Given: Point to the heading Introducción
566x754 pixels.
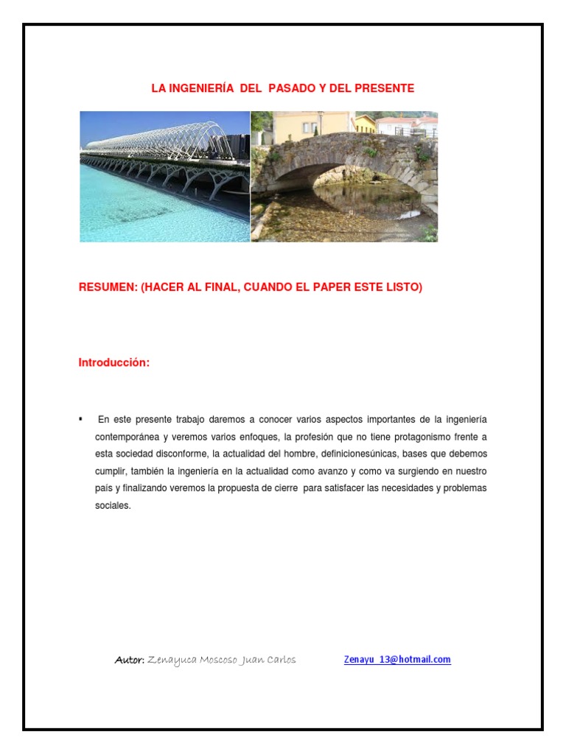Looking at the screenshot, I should tap(114, 363).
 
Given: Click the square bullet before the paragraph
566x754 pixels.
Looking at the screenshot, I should tap(81, 418).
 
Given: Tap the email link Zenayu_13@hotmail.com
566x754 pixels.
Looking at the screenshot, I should tap(397, 660).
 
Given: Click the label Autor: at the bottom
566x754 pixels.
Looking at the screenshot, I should tap(129, 660).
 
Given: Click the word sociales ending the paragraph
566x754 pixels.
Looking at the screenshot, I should tap(112, 506).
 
